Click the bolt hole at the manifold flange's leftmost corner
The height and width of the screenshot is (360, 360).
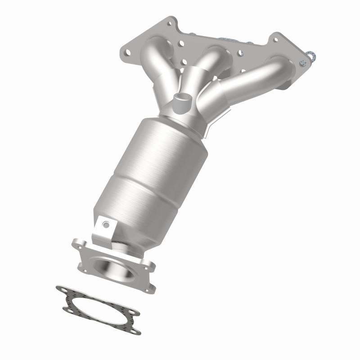click(x=127, y=52)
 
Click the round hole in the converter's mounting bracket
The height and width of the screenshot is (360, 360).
click(x=105, y=224)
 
